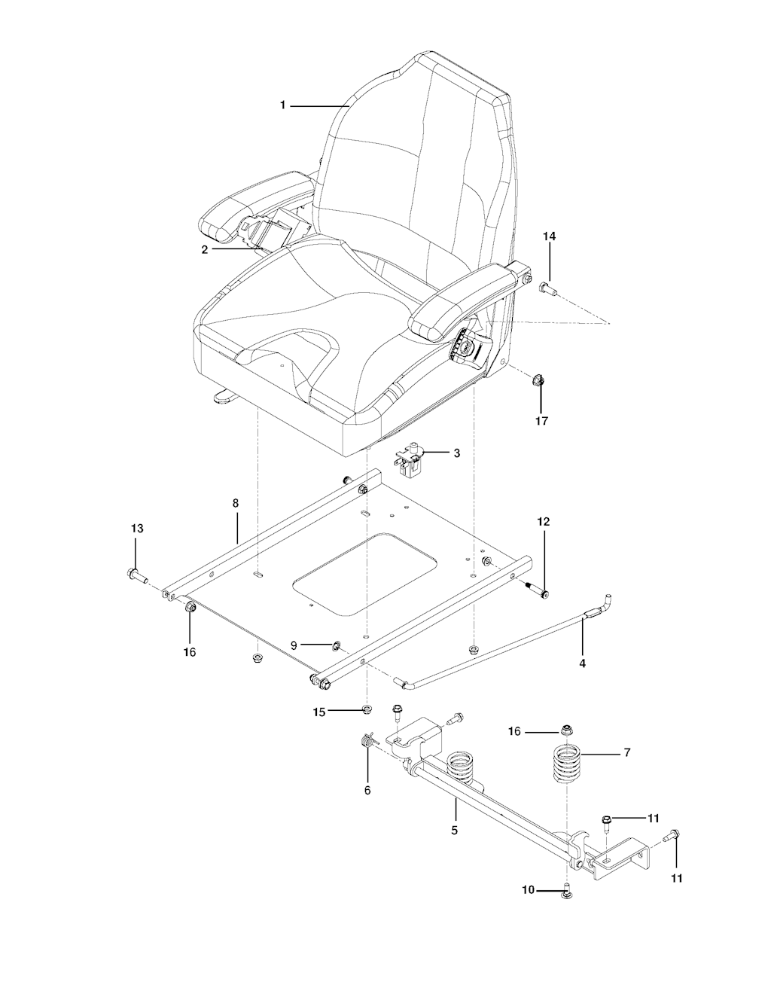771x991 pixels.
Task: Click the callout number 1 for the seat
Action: [282, 105]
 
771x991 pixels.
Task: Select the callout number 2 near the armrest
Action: [205, 249]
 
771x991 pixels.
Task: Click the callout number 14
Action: [550, 236]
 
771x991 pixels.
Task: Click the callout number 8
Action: [235, 503]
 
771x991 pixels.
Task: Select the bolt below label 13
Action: [136, 575]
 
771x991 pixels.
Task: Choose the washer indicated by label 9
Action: [336, 645]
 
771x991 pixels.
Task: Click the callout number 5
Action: [454, 830]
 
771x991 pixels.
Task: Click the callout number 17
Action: [541, 421]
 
